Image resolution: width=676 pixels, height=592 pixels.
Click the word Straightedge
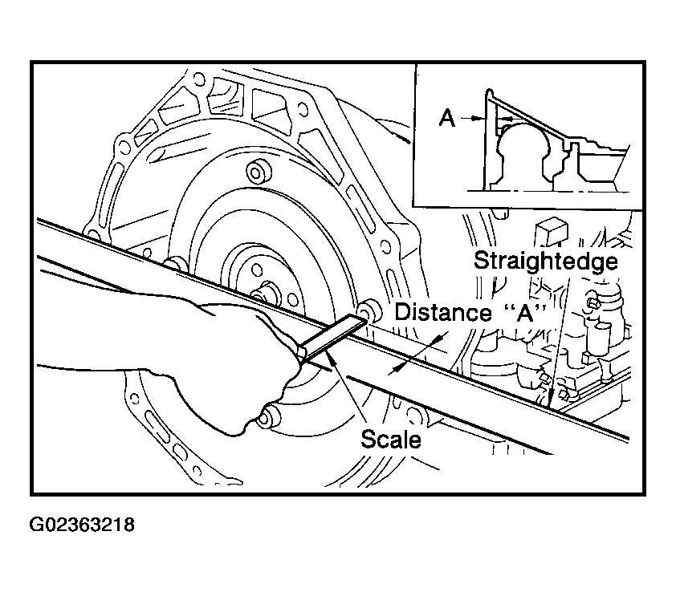pyautogui.click(x=545, y=262)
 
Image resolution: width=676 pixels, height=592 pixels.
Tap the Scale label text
pyautogui.click(x=391, y=439)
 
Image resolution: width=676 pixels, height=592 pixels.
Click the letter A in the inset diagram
pyautogui.click(x=447, y=119)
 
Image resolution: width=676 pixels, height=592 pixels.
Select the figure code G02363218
pyautogui.click(x=82, y=526)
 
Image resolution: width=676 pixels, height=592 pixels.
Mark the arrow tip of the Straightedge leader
pyautogui.click(x=553, y=400)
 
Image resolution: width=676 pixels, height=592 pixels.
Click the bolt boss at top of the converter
pyautogui.click(x=259, y=172)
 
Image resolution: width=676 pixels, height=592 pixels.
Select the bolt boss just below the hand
pyautogui.click(x=271, y=416)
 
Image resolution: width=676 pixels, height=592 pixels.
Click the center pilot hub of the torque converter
pyautogui.click(x=263, y=294)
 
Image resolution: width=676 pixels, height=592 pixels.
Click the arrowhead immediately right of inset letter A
pyautogui.click(x=479, y=119)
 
